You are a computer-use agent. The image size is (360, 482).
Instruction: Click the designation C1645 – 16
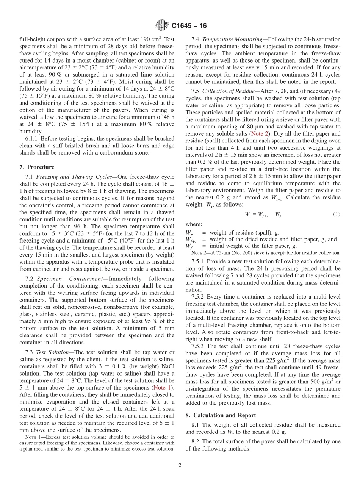coord(189,26)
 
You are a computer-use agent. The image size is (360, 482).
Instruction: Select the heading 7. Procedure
coord(36,167)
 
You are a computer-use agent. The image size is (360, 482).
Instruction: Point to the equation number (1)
coord(337,214)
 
